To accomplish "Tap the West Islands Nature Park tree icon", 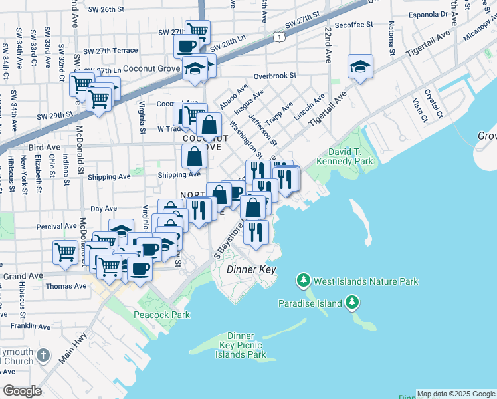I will pos(304,281).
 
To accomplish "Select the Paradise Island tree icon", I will pos(352,304).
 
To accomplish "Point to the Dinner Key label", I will pos(250,270).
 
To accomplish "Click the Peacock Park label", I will pos(161,315).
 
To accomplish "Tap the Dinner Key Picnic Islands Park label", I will pos(241,346).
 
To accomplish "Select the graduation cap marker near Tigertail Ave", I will pos(360,66).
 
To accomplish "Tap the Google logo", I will pos(22,391).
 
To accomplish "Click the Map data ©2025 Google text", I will pos(455,394).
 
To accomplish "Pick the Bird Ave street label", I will pos(41,148).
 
